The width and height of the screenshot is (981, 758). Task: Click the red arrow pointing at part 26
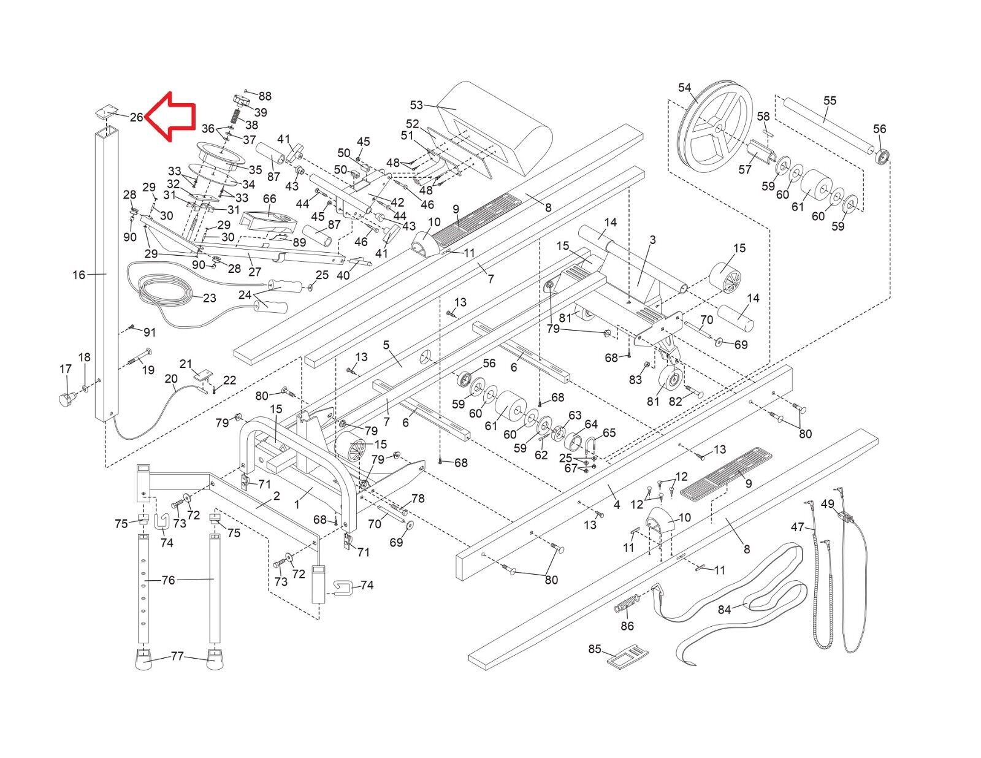(172, 117)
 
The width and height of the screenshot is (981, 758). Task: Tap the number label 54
(685, 88)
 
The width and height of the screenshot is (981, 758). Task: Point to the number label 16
(78, 275)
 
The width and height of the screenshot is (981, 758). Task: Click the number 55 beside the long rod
(830, 100)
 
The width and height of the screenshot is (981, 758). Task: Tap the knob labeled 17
(65, 400)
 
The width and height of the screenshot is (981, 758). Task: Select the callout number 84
(725, 610)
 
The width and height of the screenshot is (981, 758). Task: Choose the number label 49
(828, 503)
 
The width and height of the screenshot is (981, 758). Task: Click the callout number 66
(270, 199)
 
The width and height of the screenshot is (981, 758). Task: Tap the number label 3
(652, 240)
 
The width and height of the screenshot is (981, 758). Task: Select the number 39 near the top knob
(261, 112)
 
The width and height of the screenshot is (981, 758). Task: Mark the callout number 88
(264, 96)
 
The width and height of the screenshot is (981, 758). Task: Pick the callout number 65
(609, 432)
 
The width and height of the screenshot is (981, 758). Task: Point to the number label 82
(675, 401)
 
